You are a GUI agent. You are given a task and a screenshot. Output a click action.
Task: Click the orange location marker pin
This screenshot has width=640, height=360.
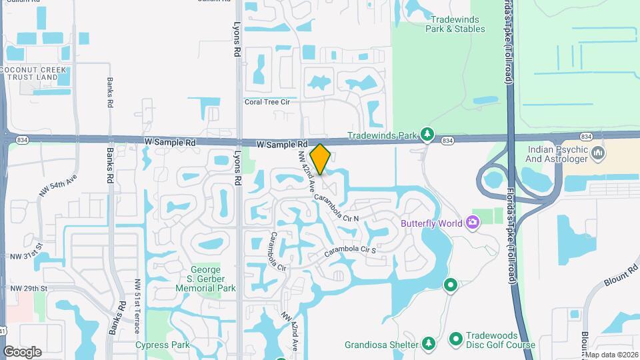click(321, 159)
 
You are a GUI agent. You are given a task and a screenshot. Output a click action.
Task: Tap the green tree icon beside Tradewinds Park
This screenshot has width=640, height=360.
click(427, 135)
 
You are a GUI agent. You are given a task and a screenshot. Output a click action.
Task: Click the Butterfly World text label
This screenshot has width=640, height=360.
click(432, 223)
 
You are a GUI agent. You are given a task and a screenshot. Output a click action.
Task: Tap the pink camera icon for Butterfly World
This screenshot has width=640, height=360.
click(473, 222)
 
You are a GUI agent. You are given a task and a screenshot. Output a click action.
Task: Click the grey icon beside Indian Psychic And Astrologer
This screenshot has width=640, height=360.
click(598, 154)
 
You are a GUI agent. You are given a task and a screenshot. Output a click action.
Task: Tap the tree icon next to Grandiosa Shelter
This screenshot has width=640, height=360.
click(429, 344)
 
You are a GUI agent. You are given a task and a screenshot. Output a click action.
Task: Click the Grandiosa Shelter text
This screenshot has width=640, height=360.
click(381, 345)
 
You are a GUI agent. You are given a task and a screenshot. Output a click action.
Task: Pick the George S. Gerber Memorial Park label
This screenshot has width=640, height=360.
click(205, 279)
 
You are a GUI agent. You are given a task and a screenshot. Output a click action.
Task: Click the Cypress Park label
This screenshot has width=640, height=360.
click(162, 345)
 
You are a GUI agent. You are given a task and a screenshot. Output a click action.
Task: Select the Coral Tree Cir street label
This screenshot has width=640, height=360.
click(267, 102)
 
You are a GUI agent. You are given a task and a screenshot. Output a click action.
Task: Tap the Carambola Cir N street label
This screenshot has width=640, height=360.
click(337, 209)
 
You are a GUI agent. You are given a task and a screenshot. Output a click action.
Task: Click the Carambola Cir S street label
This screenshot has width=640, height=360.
click(351, 251)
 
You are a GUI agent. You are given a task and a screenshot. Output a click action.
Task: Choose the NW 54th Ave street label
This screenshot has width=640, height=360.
click(58, 185)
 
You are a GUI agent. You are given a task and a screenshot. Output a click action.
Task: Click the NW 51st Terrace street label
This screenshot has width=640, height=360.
click(138, 302)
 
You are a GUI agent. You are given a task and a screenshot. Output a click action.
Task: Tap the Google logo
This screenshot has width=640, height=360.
click(22, 351)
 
